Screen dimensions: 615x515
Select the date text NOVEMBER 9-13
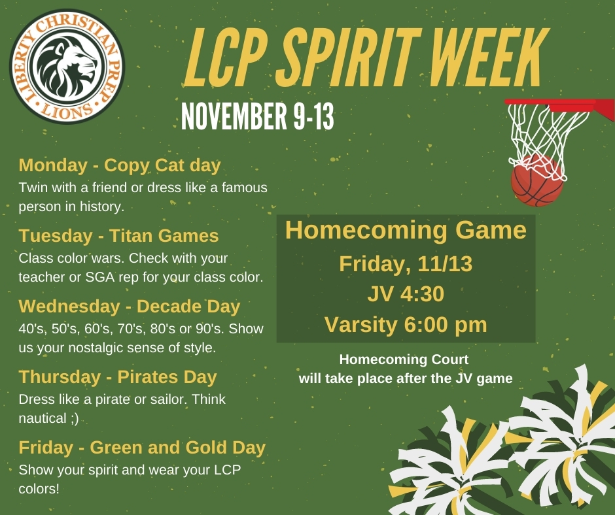click(258, 116)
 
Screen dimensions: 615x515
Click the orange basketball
click(537, 180)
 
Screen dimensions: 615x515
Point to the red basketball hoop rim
click(559, 105)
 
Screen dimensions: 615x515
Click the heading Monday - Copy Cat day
click(120, 165)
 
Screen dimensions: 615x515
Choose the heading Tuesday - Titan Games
click(118, 235)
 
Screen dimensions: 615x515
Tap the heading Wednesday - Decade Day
click(130, 306)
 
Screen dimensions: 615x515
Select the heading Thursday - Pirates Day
click(118, 377)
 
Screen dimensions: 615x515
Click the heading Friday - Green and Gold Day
click(142, 448)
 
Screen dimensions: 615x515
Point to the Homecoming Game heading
click(406, 230)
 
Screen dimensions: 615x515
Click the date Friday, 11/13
click(406, 264)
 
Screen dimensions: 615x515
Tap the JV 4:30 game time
click(406, 294)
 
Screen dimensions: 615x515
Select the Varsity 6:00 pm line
click(406, 325)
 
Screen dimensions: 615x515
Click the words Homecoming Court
click(404, 359)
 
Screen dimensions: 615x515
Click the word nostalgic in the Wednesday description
click(96, 348)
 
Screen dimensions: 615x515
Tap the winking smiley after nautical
click(75, 418)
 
